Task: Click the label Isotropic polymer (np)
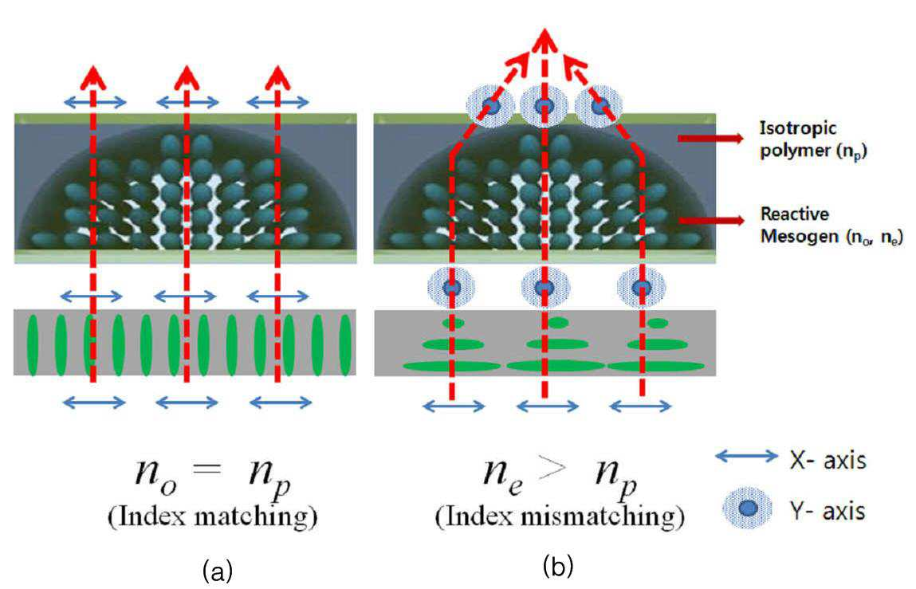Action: point(812,139)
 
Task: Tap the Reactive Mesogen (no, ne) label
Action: point(831,225)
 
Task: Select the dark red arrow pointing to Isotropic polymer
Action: point(710,138)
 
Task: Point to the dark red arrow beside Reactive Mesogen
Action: point(710,220)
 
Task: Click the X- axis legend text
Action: point(828,461)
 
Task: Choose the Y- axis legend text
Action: point(828,511)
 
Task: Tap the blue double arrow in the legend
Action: point(747,457)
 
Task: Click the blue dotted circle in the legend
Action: point(748,508)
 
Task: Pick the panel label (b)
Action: point(558,566)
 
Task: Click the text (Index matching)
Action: point(213,517)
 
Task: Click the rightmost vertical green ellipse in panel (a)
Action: point(345,345)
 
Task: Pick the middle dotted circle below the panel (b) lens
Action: point(544,288)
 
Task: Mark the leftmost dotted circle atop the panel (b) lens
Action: point(491,106)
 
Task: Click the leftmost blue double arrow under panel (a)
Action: point(94,402)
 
